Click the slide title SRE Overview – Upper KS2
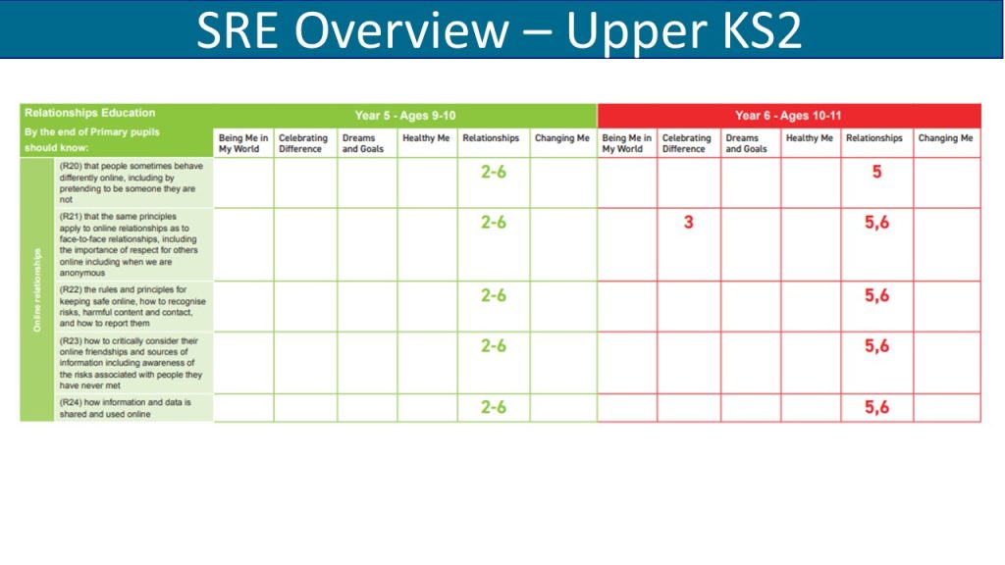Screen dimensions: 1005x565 [499, 30]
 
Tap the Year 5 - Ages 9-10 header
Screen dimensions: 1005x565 [405, 116]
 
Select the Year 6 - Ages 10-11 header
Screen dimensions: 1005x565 [788, 116]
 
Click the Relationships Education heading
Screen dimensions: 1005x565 [89, 113]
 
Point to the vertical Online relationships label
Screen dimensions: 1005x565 [37, 290]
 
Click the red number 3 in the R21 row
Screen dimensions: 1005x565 [688, 223]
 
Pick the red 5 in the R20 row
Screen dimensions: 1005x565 [876, 172]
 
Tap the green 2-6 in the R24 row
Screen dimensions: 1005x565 [494, 407]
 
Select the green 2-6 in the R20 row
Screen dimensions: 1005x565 [494, 172]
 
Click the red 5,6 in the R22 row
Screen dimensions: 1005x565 [876, 295]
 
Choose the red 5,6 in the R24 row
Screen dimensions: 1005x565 [876, 407]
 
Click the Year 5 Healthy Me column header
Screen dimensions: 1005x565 [426, 137]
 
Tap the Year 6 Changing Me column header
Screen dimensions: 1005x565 [945, 137]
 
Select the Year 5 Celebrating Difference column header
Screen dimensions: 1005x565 [302, 143]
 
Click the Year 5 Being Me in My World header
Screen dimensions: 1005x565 [243, 143]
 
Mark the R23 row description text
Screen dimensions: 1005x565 [131, 363]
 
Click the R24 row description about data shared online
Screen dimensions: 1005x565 [125, 408]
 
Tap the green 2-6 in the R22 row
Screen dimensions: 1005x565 [494, 295]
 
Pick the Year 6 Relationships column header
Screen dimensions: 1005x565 [874, 137]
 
